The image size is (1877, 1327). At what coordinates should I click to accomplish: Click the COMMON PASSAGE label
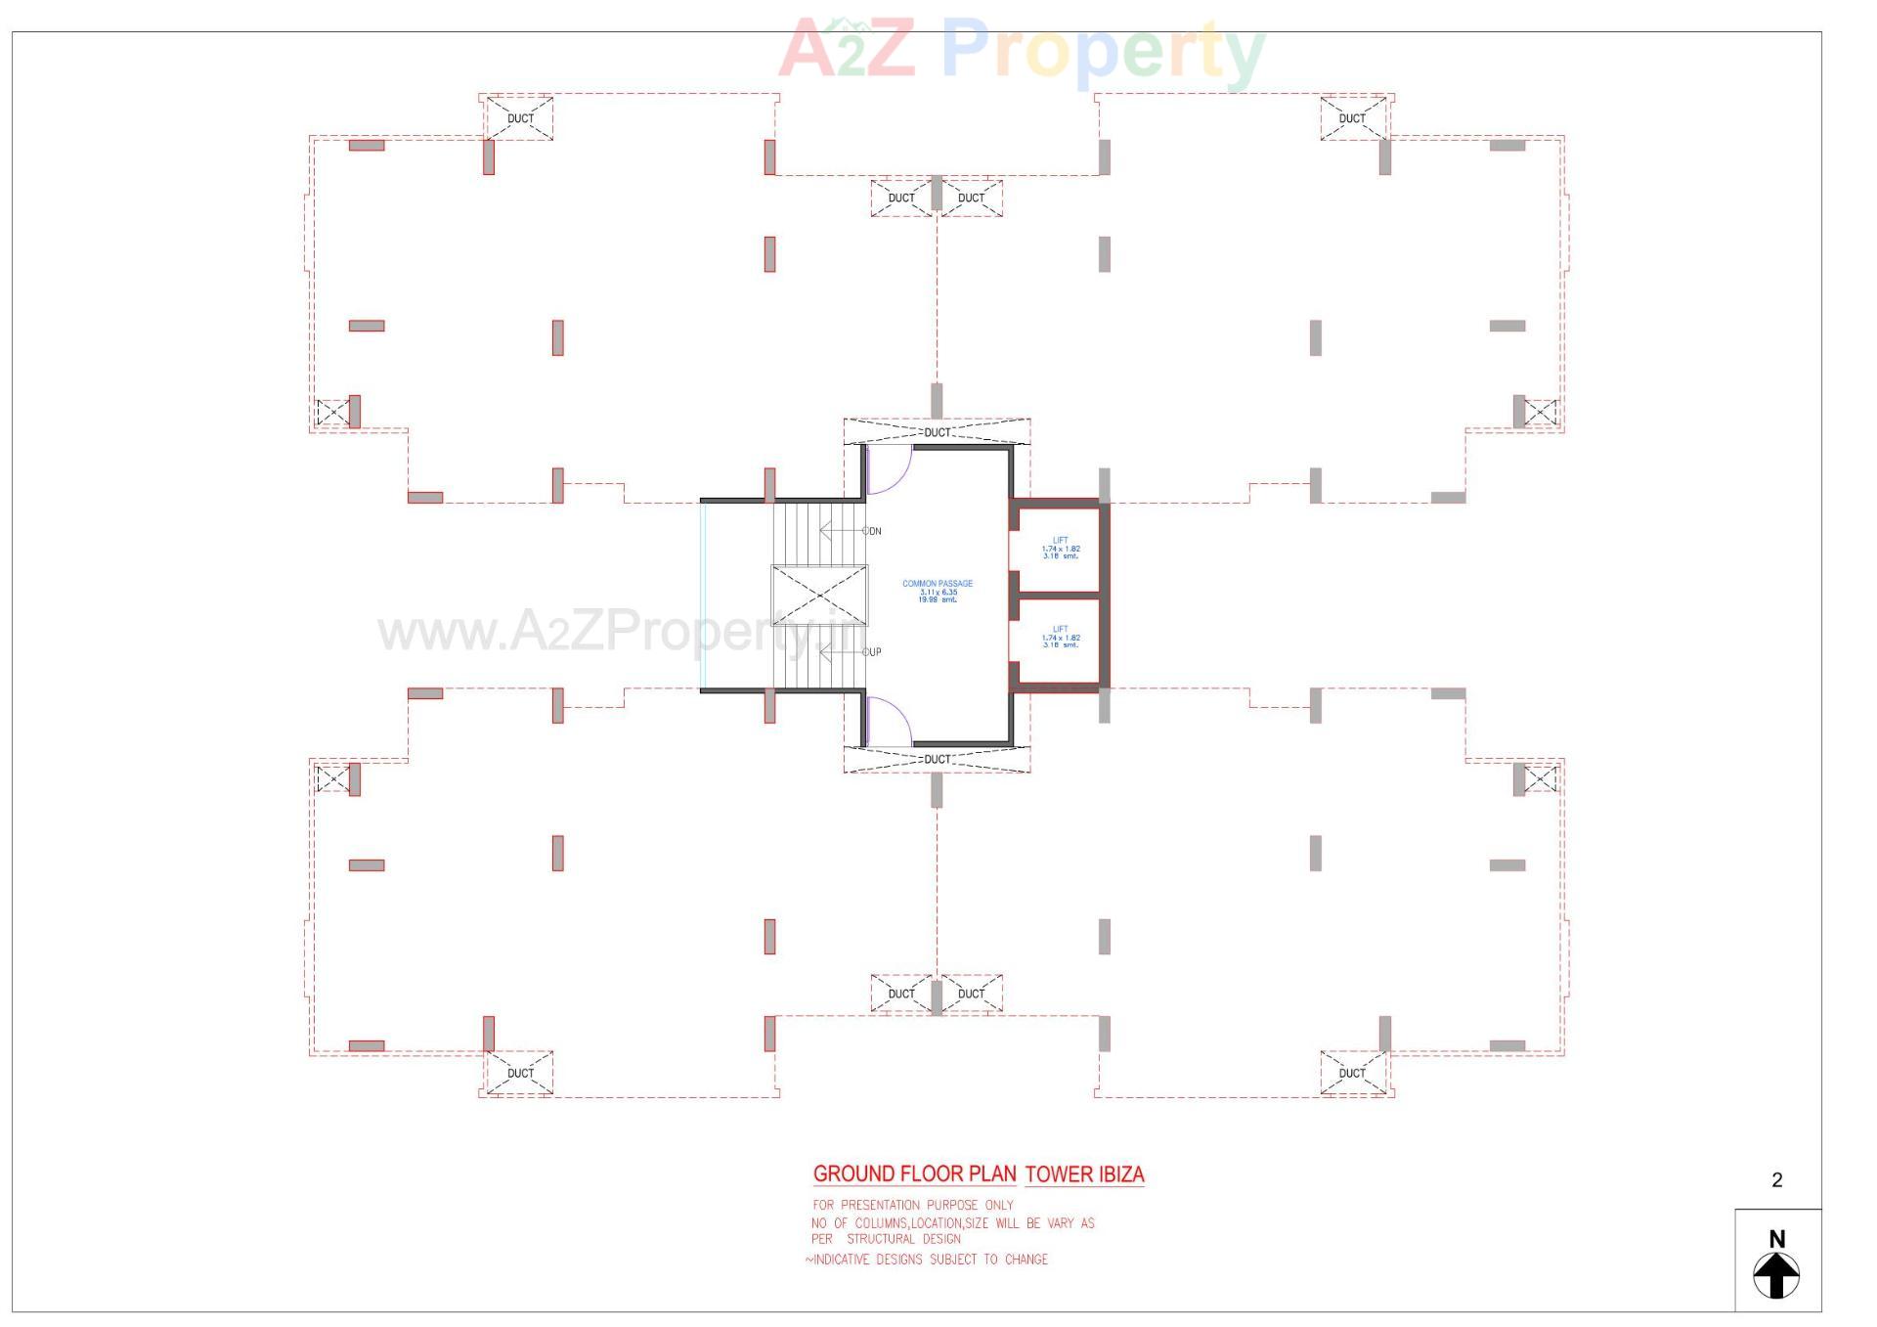coord(937,584)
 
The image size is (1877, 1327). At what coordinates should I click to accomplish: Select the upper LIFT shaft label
coord(1060,541)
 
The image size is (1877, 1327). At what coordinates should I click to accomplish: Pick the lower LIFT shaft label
coord(1060,630)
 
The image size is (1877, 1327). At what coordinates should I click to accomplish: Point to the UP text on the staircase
coord(873,652)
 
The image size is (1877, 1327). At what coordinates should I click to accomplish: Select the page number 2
coord(1776,1180)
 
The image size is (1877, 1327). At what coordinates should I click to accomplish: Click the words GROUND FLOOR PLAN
coord(914,1173)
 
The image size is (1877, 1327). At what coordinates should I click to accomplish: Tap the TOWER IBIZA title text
coord(1084,1174)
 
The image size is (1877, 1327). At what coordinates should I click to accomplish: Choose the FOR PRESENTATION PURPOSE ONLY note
coord(913,1205)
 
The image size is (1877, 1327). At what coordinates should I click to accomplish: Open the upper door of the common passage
coord(888,469)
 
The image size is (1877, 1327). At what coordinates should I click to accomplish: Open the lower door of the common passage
coord(888,721)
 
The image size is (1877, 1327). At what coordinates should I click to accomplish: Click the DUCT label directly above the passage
coord(937,432)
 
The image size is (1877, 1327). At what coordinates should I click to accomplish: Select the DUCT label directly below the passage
coord(937,759)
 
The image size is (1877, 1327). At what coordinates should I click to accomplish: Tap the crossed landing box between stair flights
coord(818,596)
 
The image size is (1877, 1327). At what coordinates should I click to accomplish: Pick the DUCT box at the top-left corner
coord(520,118)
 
